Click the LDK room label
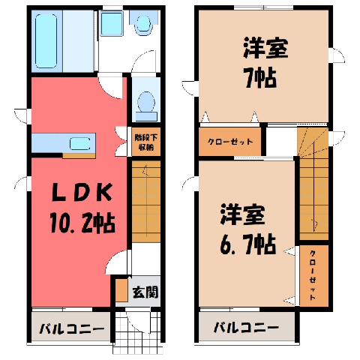point(82,192)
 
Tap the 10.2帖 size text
point(82,223)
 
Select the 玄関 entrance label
point(145,292)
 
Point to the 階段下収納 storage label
point(146,142)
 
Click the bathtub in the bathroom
point(46,41)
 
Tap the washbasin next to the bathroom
point(112,24)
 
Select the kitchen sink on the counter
point(79,144)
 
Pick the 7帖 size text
point(260,78)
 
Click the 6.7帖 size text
point(248,244)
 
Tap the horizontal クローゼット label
point(230,142)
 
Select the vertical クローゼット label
point(313,275)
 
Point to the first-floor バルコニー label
point(72,328)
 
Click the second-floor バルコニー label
point(246,327)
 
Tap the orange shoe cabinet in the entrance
point(121,289)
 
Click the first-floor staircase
point(146,202)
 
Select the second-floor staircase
point(313,184)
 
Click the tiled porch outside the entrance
point(138,332)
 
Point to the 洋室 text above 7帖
point(265,48)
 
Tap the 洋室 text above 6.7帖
point(242,214)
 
